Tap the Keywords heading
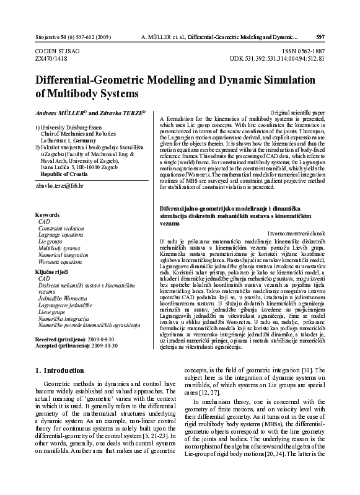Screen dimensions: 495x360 pyautogui.click(x=47, y=214)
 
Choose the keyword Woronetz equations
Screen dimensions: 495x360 pyautogui.click(x=60, y=262)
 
